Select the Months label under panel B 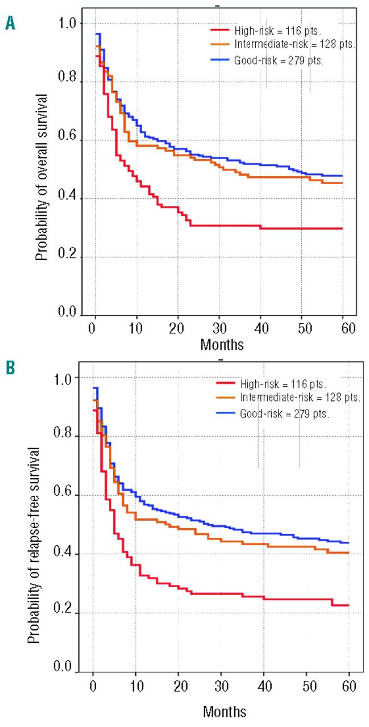pos(225,711)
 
